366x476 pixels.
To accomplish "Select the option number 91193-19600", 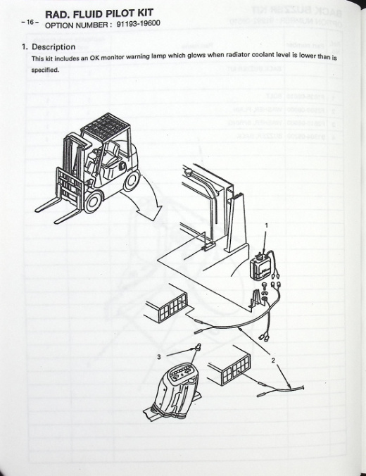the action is pos(138,23).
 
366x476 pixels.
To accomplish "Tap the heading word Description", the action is pos(53,46).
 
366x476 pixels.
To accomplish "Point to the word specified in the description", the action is pos(45,70).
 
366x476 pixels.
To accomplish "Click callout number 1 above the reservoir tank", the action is pos(267,225).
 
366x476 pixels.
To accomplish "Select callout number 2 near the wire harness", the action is pos(273,361).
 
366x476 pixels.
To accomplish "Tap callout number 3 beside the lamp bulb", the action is pos(159,357).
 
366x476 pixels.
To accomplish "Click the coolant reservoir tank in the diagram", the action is pos(260,265).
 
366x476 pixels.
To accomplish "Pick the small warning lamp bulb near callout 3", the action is pos(198,347).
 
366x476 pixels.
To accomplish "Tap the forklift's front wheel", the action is pos(94,201).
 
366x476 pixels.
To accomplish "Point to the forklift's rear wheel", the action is pos(132,180).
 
